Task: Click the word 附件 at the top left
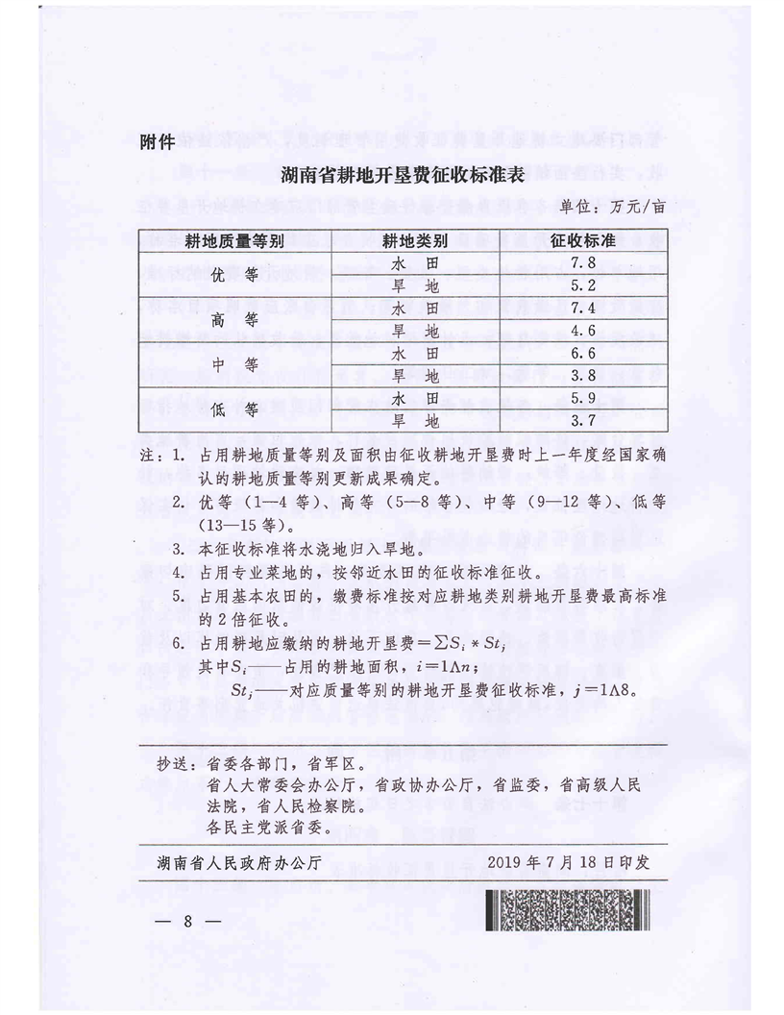pyautogui.click(x=157, y=142)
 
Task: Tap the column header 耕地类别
pyautogui.click(x=416, y=240)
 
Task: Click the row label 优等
pyautogui.click(x=233, y=275)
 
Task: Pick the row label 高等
pyautogui.click(x=233, y=320)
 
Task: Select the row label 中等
pyautogui.click(x=233, y=365)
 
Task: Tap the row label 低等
pyautogui.click(x=233, y=410)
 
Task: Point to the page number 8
pyautogui.click(x=189, y=920)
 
